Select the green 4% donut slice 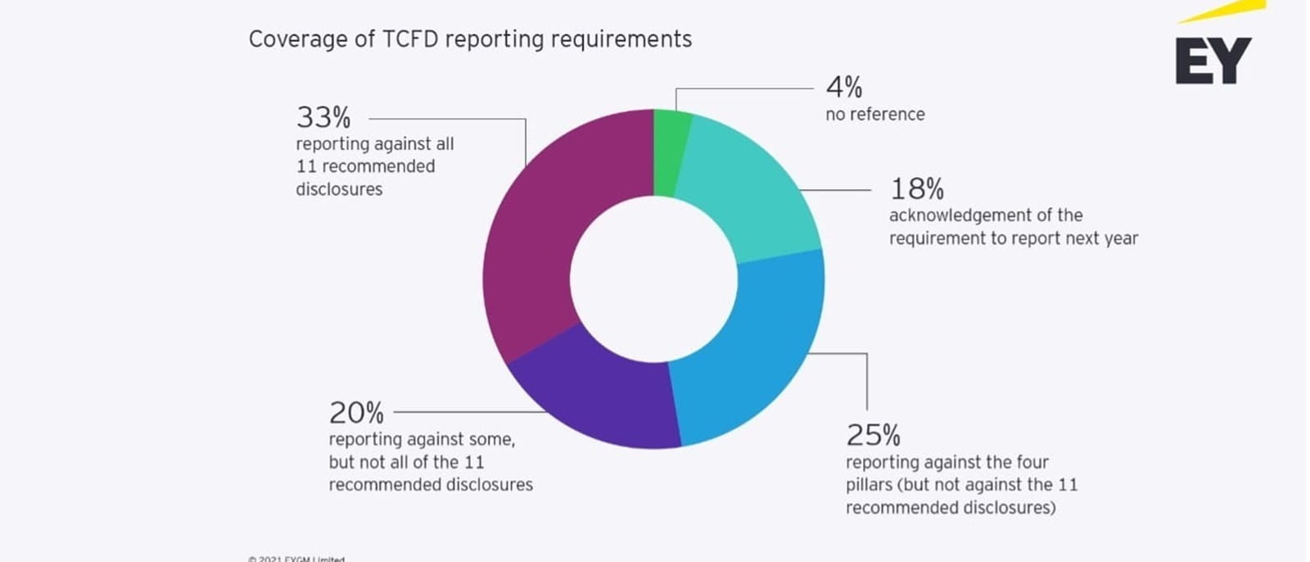(671, 152)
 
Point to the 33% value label (323, 118)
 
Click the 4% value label (843, 87)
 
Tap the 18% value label (916, 189)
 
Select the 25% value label (873, 434)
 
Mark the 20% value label (356, 412)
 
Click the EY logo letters (1213, 61)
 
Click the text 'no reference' (874, 115)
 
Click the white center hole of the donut (653, 279)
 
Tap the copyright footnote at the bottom (296, 559)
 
